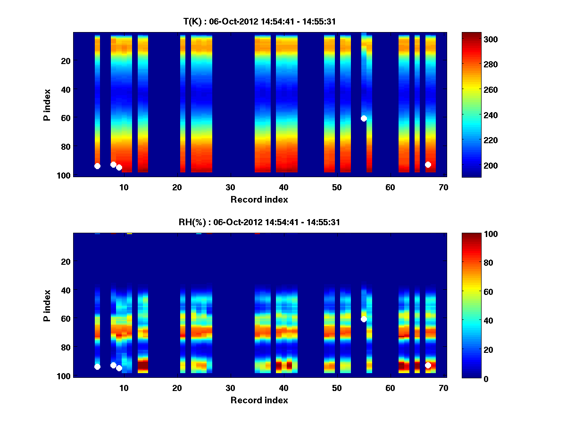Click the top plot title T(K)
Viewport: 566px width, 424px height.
pyautogui.click(x=259, y=22)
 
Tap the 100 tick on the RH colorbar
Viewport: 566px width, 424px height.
pyautogui.click(x=474, y=234)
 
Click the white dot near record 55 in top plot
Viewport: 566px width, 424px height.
pyautogui.click(x=364, y=118)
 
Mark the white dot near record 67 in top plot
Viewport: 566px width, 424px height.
pyautogui.click(x=428, y=164)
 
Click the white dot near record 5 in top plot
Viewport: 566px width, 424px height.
pyautogui.click(x=97, y=166)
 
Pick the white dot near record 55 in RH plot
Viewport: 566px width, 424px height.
pyautogui.click(x=364, y=319)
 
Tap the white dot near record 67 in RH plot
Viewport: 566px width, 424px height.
pyautogui.click(x=428, y=365)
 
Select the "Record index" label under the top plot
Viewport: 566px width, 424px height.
pyautogui.click(x=259, y=199)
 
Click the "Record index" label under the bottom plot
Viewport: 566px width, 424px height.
pyautogui.click(x=259, y=400)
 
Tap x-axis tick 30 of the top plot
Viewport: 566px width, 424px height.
pyautogui.click(x=230, y=187)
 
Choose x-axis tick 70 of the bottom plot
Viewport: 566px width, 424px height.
pyautogui.click(x=443, y=388)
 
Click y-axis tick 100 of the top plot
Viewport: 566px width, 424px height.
pyautogui.click(x=65, y=175)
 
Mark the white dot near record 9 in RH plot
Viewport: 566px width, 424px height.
pyautogui.click(x=119, y=368)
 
